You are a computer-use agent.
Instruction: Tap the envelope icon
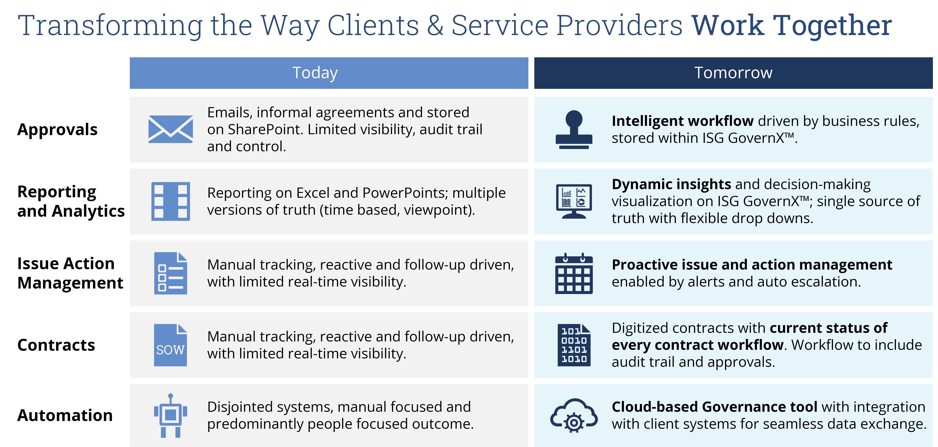pos(170,129)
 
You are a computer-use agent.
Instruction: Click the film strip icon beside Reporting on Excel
pos(170,201)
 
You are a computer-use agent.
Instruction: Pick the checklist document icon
pos(170,273)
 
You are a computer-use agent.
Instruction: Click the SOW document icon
pos(170,345)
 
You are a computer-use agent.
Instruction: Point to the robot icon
pos(170,416)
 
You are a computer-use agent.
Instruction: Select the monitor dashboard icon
pos(574,201)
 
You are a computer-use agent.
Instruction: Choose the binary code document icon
pos(574,345)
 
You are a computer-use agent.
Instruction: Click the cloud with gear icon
pos(574,416)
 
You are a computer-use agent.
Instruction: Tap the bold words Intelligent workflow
pos(682,121)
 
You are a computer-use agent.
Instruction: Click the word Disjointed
pos(240,407)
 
